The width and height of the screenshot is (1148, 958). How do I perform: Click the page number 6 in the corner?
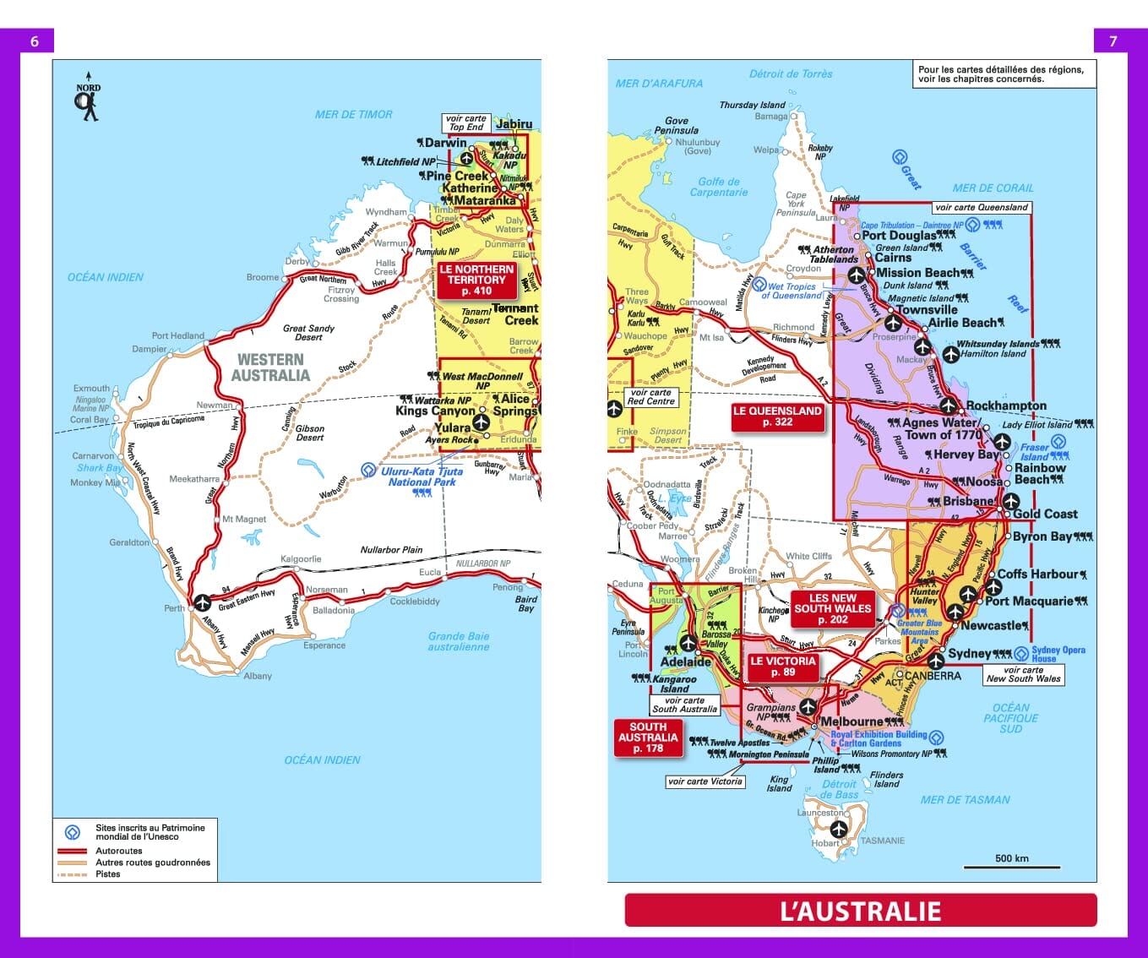(35, 41)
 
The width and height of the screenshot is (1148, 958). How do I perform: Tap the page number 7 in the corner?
(1113, 41)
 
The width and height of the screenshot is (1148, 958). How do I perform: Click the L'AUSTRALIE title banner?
(860, 911)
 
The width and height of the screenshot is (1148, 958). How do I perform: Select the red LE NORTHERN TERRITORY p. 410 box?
(476, 280)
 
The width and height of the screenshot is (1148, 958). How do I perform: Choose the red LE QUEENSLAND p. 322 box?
(777, 416)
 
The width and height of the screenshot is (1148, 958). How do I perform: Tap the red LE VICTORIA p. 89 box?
(783, 667)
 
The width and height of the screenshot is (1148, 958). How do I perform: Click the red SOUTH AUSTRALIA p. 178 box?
(648, 738)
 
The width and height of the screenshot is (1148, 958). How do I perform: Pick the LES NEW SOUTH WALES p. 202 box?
(832, 608)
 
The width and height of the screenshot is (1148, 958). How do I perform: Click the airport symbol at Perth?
(202, 601)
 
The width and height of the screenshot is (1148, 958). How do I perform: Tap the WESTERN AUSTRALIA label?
(270, 367)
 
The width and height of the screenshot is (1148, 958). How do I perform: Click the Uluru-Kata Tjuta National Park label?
(421, 477)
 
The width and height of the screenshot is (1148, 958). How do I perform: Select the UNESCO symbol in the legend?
(73, 832)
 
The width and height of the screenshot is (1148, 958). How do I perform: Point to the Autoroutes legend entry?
(118, 851)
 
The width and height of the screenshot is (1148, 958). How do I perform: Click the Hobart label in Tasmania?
(824, 843)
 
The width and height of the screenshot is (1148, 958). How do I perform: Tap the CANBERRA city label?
(933, 676)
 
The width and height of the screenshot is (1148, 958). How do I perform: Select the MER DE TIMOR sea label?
(353, 114)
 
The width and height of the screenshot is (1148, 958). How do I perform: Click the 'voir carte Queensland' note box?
(981, 207)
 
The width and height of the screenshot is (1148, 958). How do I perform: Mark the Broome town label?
(262, 277)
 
